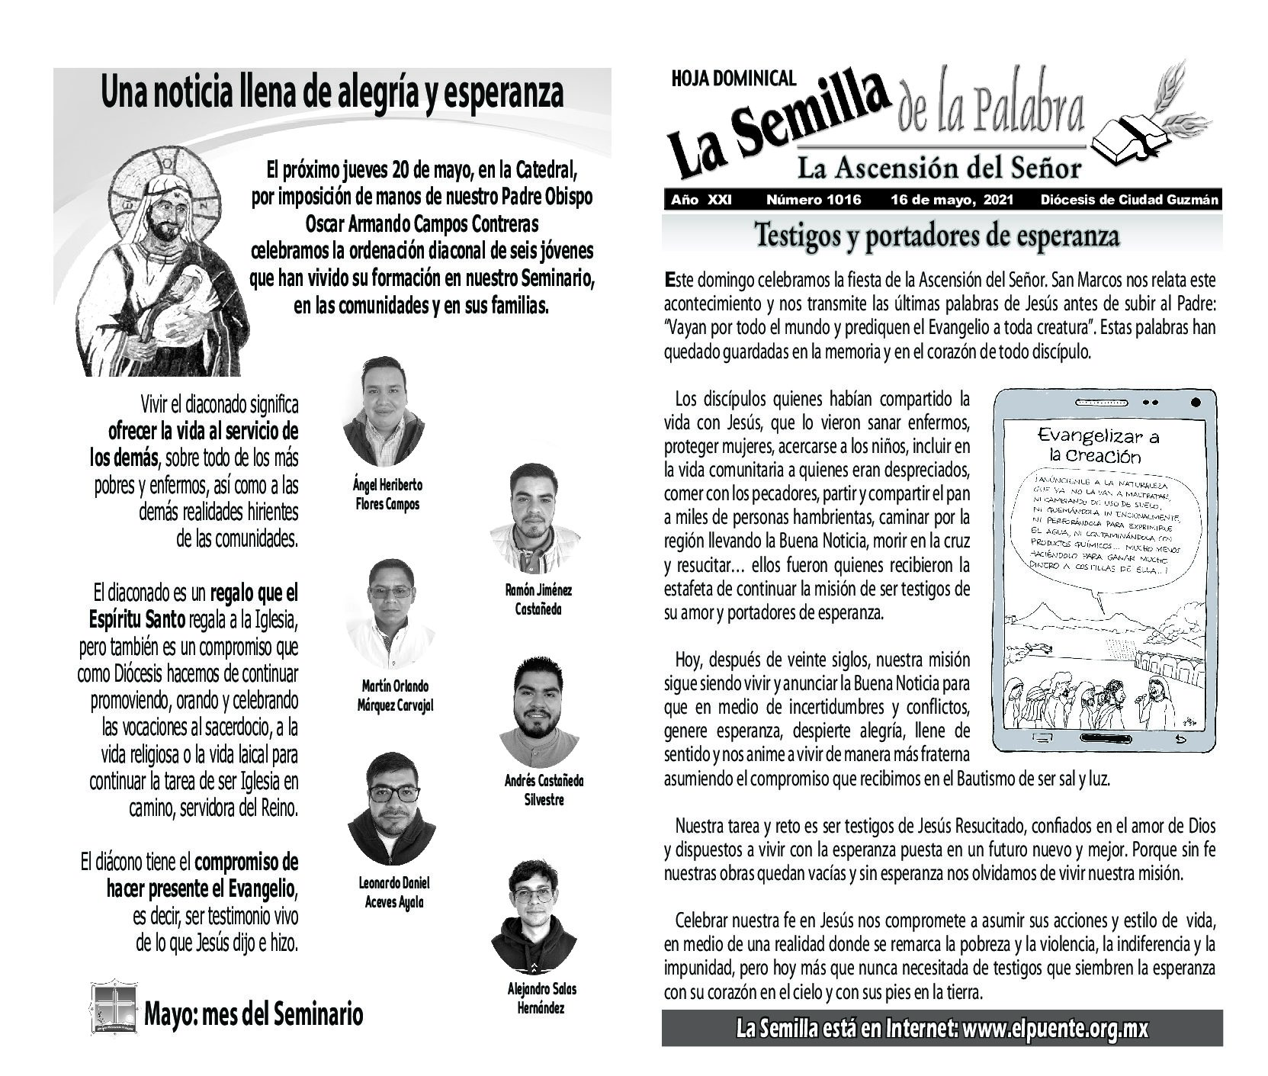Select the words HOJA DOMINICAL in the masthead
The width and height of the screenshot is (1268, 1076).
click(734, 78)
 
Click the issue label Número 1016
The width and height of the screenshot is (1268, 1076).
click(813, 200)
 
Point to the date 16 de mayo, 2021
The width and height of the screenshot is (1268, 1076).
click(952, 200)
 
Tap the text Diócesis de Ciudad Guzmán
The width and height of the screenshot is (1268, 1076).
click(1129, 200)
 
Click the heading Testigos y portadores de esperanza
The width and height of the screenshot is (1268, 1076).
click(936, 236)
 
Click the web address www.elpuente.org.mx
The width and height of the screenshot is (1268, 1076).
click(1055, 1029)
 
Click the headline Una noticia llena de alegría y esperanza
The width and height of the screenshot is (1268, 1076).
click(332, 94)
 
